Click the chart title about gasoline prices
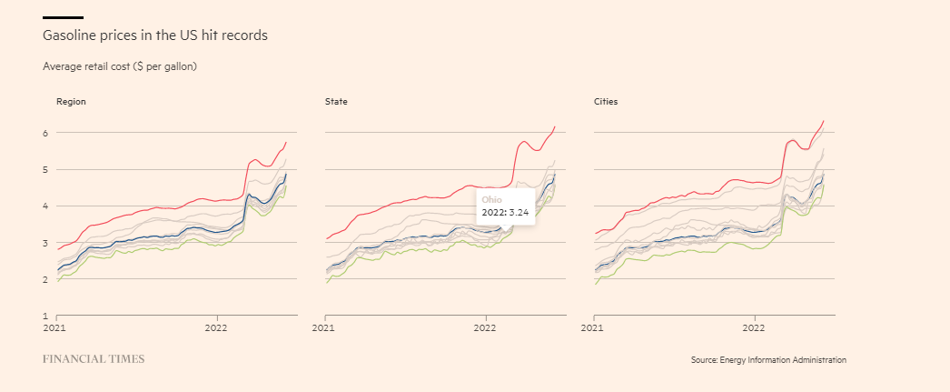pyautogui.click(x=155, y=35)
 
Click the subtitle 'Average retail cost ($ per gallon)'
pyautogui.click(x=120, y=66)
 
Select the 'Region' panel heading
pyautogui.click(x=71, y=102)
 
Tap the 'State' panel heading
pyautogui.click(x=336, y=102)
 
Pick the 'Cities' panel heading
pyautogui.click(x=606, y=102)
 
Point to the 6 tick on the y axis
pyautogui.click(x=45, y=133)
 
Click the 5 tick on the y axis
pyautogui.click(x=45, y=169)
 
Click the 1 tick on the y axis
pyautogui.click(x=45, y=316)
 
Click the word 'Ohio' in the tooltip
pyautogui.click(x=491, y=199)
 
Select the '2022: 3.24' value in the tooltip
pyautogui.click(x=505, y=212)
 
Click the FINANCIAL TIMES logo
pyautogui.click(x=94, y=359)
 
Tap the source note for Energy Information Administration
pyautogui.click(x=768, y=360)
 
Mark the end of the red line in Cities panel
pyautogui.click(x=823, y=121)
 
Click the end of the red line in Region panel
pyautogui.click(x=286, y=142)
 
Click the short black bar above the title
pyautogui.click(x=63, y=17)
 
